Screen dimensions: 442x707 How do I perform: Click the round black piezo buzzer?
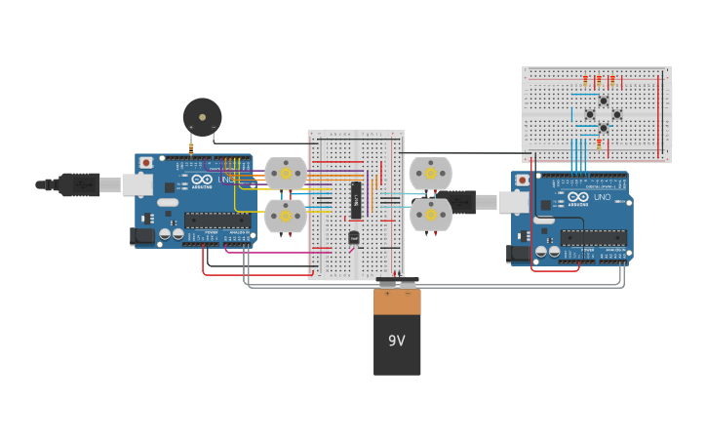click(202, 116)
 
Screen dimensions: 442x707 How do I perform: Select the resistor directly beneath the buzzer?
click(191, 147)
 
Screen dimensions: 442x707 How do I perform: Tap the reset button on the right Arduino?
click(523, 181)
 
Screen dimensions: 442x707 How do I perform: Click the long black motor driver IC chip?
click(357, 200)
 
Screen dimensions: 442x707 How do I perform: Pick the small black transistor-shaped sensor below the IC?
click(354, 237)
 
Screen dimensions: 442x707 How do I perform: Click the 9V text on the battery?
click(397, 341)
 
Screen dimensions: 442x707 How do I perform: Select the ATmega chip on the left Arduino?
click(216, 220)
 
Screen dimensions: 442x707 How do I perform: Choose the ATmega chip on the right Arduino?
click(593, 237)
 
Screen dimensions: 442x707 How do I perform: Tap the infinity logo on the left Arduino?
click(201, 180)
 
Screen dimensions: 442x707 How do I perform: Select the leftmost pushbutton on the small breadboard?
click(589, 114)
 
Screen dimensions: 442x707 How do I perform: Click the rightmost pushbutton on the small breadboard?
click(616, 114)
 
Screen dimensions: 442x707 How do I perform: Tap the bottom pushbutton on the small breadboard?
click(603, 128)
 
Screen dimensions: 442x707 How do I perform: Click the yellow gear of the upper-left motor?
click(286, 173)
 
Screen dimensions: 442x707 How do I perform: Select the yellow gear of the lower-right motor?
click(430, 215)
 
